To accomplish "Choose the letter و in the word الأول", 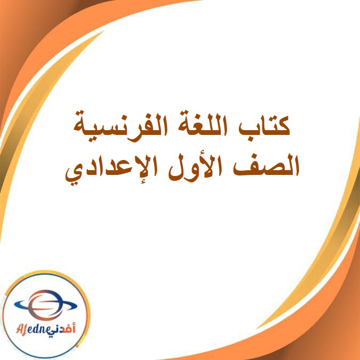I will click(x=194, y=170).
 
